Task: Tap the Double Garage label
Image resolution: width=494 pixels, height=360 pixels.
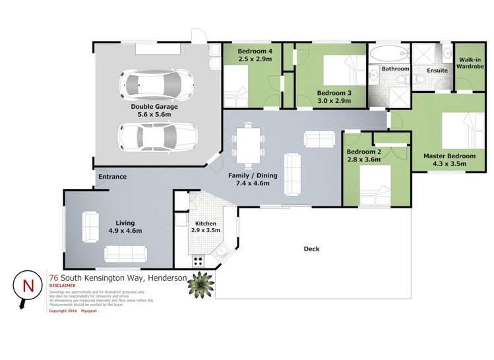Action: pos(152,109)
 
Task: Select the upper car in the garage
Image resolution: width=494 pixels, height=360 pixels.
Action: pos(152,84)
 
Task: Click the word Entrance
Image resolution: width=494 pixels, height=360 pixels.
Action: pos(112,177)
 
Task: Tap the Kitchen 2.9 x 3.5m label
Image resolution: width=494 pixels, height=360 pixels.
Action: pos(205,228)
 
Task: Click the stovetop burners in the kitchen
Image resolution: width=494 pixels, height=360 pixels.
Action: pos(198,261)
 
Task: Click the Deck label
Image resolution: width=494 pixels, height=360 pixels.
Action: pos(311,249)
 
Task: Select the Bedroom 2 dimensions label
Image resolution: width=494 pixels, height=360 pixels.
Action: pos(364,159)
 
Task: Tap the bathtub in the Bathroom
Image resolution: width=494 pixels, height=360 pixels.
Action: pos(388,53)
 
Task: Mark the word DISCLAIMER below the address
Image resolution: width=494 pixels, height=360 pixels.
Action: pos(65,286)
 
